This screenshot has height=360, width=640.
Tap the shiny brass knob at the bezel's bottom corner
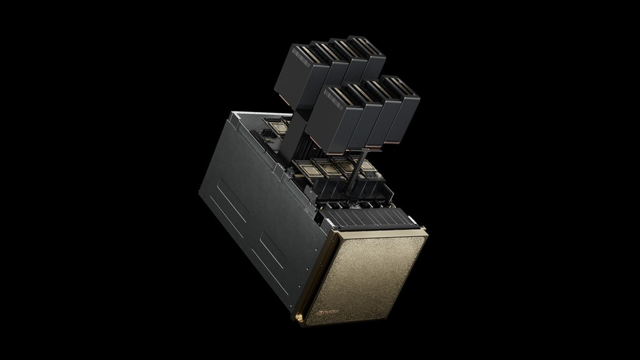click(299, 318)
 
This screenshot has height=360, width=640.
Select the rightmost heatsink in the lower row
click(402, 109)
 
